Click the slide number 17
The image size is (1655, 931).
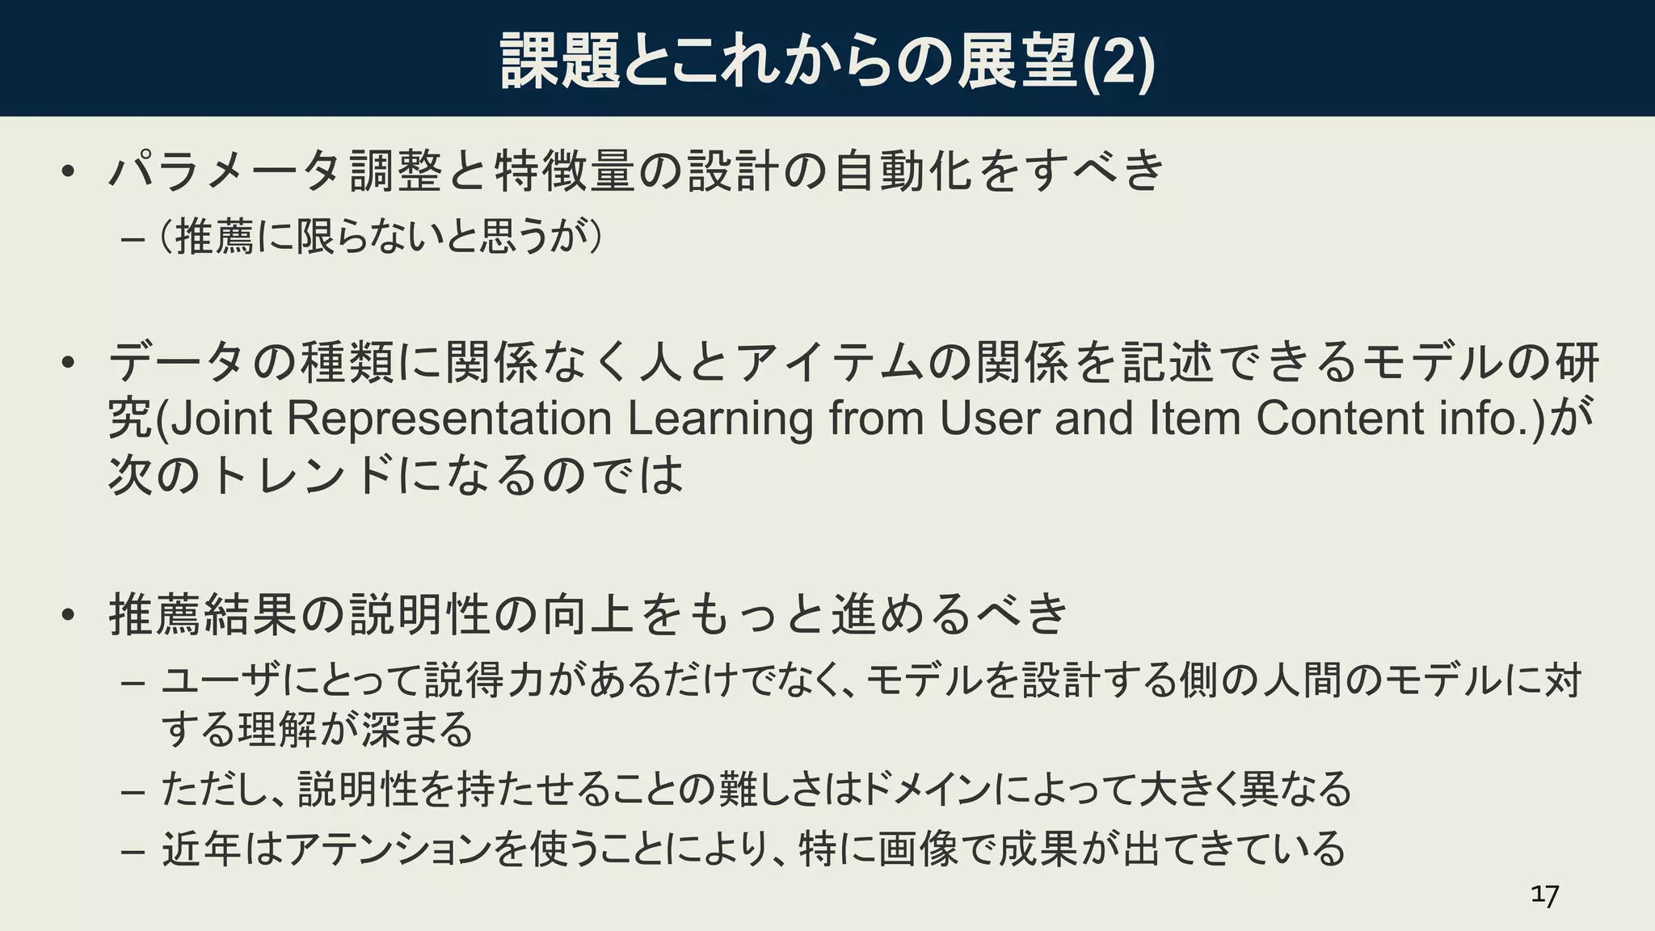[x=1544, y=895]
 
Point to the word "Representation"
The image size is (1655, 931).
[x=449, y=419]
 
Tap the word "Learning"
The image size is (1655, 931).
[x=720, y=419]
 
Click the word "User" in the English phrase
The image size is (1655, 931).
[x=988, y=419]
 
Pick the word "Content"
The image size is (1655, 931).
[x=1340, y=419]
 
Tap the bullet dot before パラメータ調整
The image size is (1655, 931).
[x=68, y=171]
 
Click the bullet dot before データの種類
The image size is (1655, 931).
[x=68, y=361]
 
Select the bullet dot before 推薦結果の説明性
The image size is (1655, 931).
[x=68, y=614]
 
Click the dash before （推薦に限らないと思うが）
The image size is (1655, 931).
[x=132, y=240]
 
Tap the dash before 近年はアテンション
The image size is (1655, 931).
[x=132, y=851]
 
